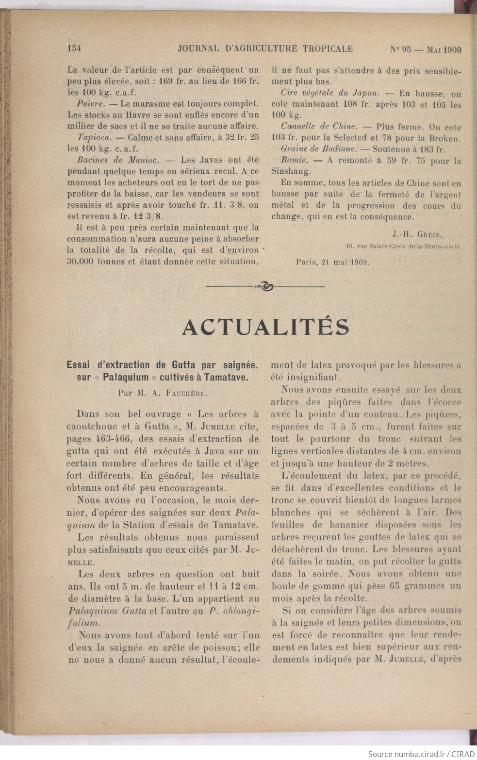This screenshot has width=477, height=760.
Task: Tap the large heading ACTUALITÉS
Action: click(265, 327)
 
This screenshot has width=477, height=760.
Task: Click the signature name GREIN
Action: click(428, 235)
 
